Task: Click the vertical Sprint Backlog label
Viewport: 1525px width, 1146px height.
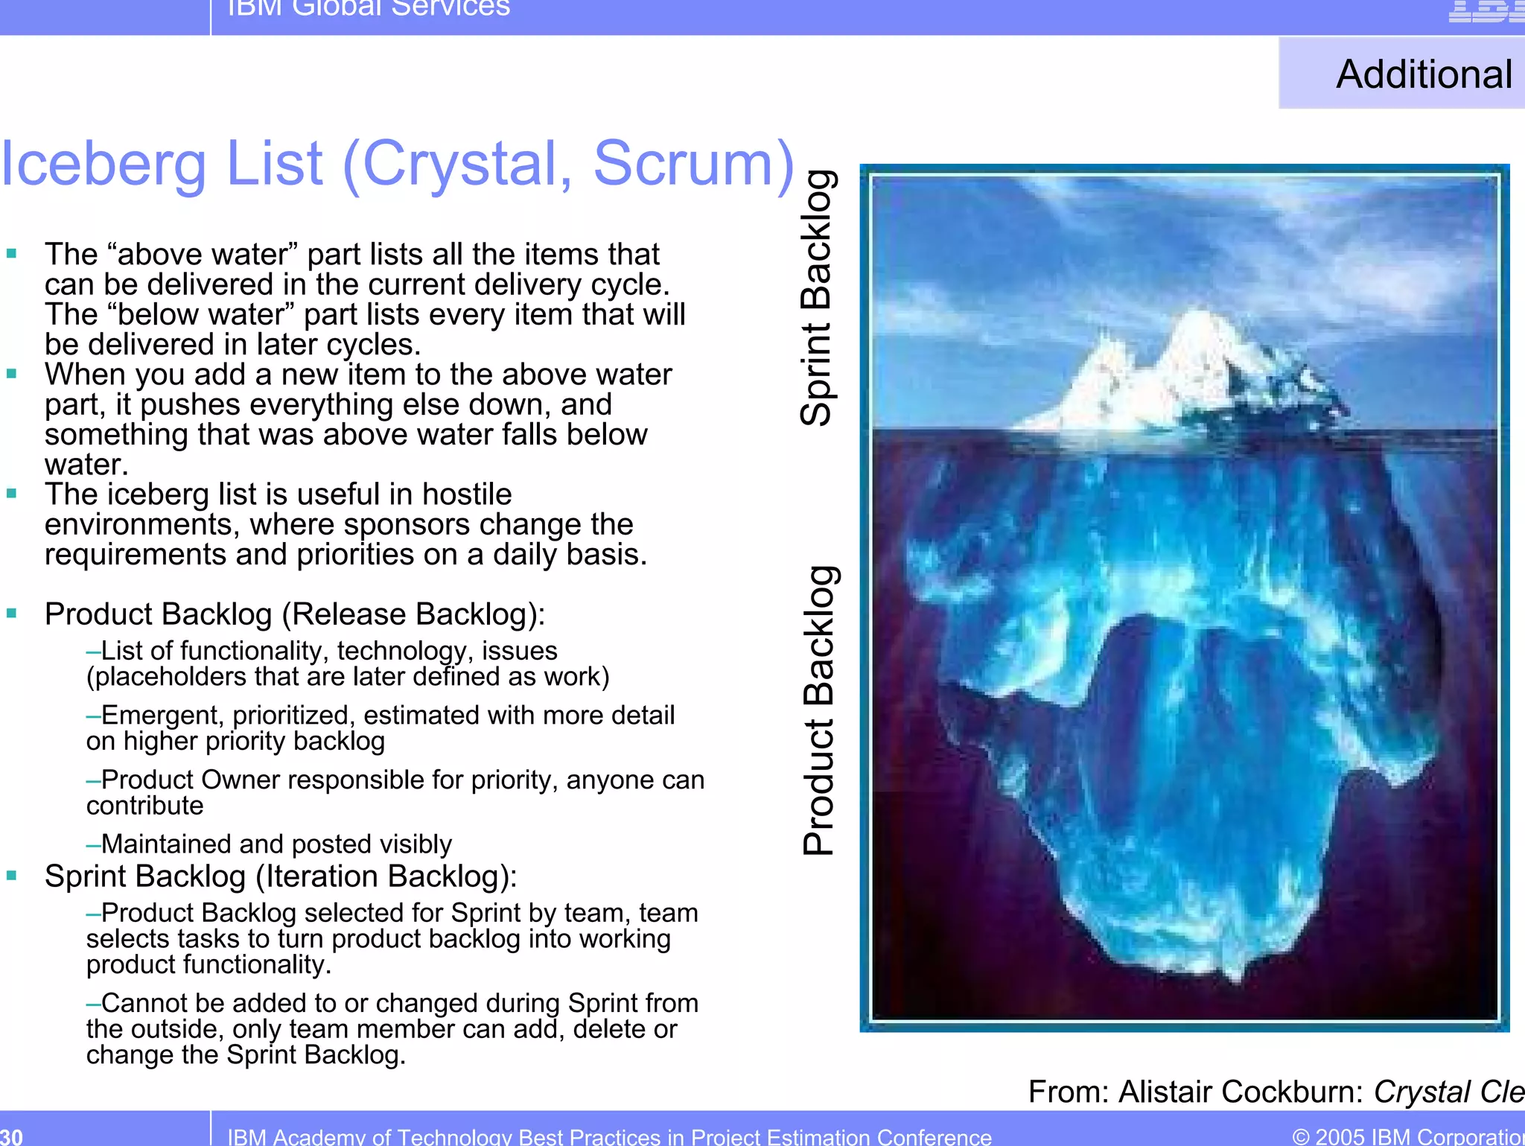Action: (817, 298)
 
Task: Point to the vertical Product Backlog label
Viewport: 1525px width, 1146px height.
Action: (818, 711)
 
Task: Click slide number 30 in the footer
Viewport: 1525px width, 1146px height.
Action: (11, 1136)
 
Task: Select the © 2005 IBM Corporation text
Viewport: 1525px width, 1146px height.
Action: (1407, 1136)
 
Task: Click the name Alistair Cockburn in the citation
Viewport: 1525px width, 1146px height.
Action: (1240, 1092)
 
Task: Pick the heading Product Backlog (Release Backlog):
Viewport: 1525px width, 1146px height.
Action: (295, 614)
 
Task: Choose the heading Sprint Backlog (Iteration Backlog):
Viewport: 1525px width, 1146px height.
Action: (281, 876)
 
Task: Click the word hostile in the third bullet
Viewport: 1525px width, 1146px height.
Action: (467, 494)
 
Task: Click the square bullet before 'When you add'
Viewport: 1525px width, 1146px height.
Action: (11, 374)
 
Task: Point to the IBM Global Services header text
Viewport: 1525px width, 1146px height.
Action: (369, 7)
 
